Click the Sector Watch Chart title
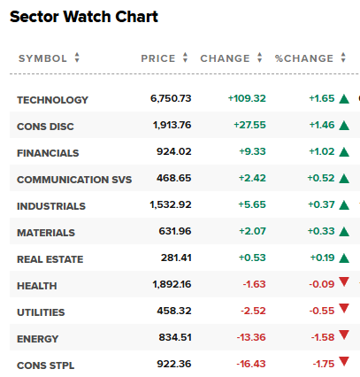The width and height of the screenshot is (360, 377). tap(84, 17)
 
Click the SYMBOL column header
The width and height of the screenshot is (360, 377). tap(42, 58)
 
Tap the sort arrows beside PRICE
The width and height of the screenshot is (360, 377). tap(185, 58)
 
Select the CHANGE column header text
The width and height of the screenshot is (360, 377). tap(225, 58)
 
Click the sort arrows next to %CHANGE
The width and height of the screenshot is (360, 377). tap(343, 58)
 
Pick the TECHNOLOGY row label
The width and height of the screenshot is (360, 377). tap(52, 100)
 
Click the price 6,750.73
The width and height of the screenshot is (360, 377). tap(171, 98)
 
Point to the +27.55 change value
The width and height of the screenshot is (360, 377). tap(249, 125)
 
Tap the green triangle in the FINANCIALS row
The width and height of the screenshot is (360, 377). tap(344, 152)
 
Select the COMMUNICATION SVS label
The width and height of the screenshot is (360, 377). tap(74, 180)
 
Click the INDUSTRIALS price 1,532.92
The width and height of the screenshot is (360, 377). tap(171, 204)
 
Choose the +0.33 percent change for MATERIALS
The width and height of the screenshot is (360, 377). tap(321, 231)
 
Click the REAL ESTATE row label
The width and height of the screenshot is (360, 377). tap(50, 259)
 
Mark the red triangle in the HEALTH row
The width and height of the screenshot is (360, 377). tap(344, 281)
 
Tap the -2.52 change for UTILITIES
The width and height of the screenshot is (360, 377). tap(253, 311)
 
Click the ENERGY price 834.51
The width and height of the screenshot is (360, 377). tap(175, 337)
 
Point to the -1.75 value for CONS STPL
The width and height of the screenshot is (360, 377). tap(324, 364)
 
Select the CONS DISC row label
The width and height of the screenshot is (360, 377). tap(45, 127)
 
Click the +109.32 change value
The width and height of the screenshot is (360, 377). tap(247, 98)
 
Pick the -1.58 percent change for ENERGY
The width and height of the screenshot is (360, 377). tap(323, 337)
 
